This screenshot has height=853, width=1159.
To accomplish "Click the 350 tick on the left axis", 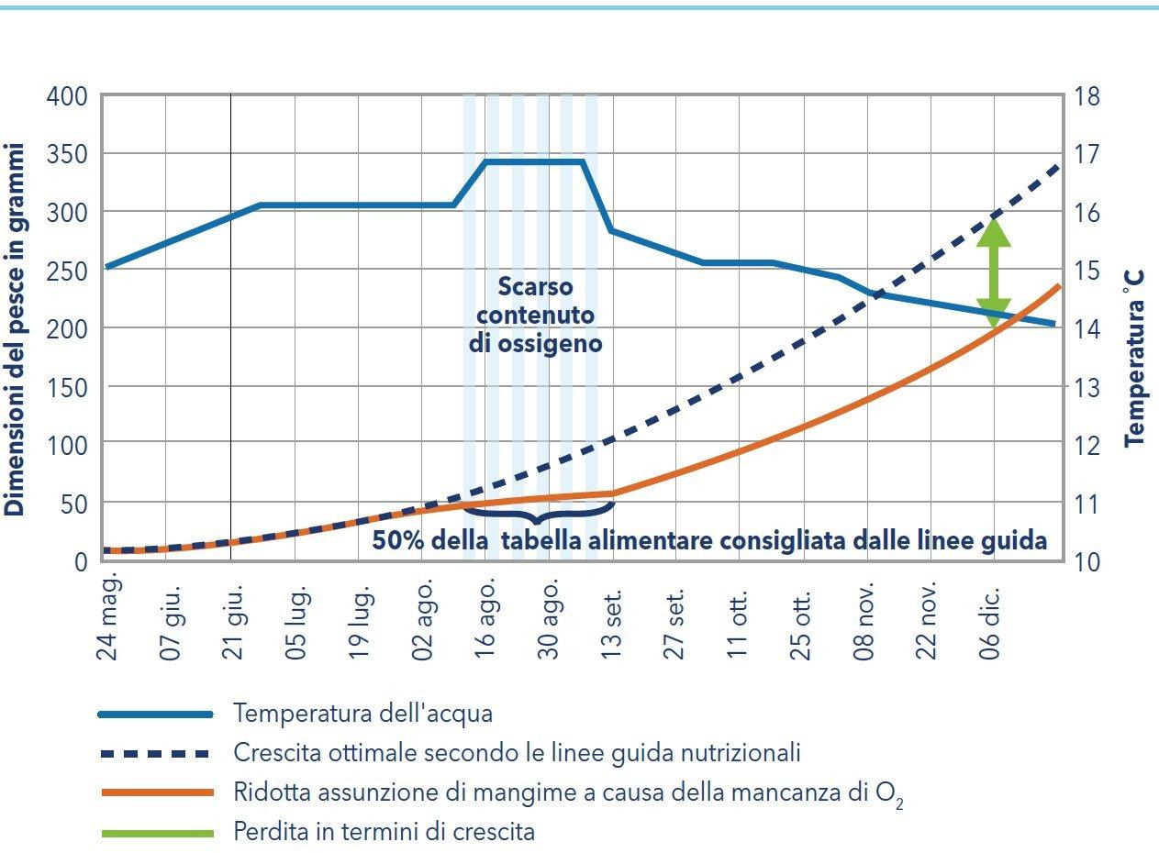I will tap(69, 154).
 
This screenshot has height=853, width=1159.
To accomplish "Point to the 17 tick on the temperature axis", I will tap(1088, 154).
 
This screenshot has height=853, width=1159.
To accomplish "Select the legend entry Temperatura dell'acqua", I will tap(363, 713).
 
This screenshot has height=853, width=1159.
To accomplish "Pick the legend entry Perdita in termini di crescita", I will tap(384, 832).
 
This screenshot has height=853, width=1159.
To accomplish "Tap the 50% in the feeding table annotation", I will tap(397, 539).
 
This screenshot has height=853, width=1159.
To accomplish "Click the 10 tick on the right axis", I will tap(1088, 560).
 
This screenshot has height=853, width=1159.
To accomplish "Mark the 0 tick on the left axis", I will tap(81, 560).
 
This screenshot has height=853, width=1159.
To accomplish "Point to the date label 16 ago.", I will tap(487, 616).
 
